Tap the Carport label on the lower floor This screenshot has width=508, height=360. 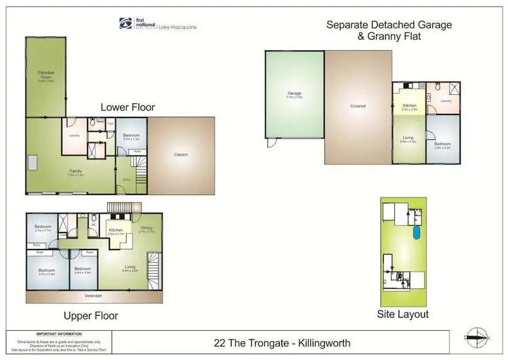tap(181, 155)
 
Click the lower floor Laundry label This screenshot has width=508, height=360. tap(74, 135)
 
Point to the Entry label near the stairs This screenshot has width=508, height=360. tap(127, 179)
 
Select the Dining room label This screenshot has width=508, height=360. tap(147, 228)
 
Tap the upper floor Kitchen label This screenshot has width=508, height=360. tap(115, 231)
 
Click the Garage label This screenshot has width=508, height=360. tap(294, 94)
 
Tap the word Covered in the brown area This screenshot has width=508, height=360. tap(358, 106)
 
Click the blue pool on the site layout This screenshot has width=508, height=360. tap(415, 233)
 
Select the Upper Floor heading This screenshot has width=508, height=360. tap(91, 316)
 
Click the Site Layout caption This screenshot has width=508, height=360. tap(402, 315)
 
